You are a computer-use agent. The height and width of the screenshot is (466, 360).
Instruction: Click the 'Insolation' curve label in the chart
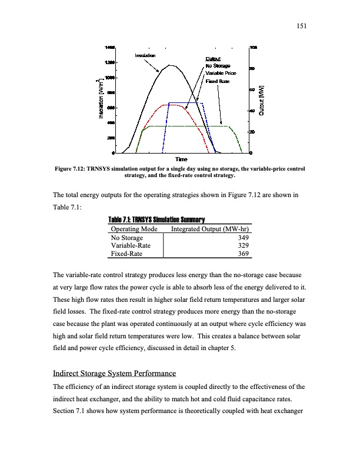(145, 55)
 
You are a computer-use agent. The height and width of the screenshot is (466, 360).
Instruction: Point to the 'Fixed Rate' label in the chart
(216, 80)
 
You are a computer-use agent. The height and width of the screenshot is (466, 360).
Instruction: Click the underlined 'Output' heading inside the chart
(212, 58)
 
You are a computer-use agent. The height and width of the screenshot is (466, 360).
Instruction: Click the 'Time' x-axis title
(181, 160)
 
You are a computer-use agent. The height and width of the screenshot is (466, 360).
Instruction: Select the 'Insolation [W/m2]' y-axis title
(95, 100)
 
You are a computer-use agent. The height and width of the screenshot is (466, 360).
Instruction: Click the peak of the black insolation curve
(171, 65)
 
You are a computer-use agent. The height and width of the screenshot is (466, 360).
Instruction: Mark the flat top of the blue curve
(185, 103)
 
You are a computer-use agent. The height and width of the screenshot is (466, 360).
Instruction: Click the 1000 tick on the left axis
(110, 77)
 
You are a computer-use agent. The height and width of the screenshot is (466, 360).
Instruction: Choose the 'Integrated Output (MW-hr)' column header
(211, 228)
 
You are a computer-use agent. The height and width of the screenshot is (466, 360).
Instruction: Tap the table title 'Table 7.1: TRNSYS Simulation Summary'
(157, 220)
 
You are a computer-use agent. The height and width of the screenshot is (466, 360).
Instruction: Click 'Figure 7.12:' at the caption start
(71, 169)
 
